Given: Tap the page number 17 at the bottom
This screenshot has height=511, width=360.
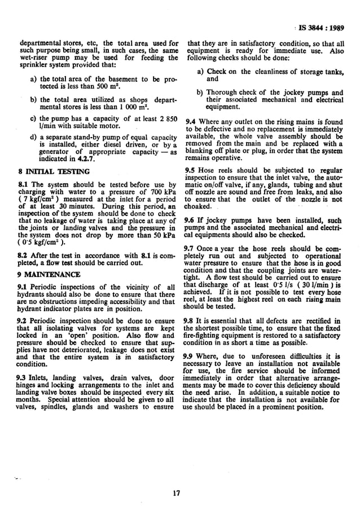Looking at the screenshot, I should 176,493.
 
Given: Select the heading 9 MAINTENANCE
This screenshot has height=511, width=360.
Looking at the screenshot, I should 50,274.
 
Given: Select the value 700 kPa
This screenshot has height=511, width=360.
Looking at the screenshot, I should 163,192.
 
